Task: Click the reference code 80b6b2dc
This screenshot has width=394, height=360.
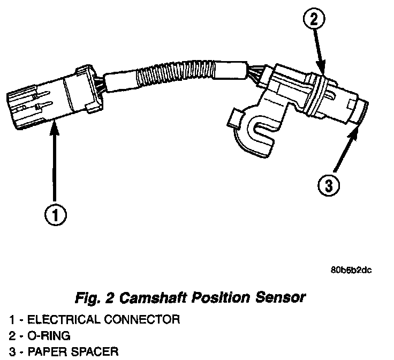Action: click(351, 269)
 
